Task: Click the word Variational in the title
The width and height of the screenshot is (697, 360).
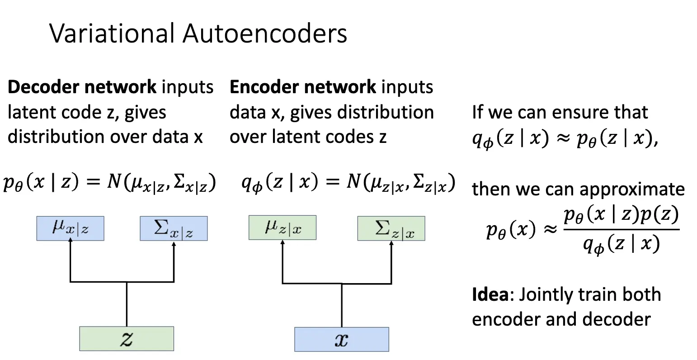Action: pos(111,33)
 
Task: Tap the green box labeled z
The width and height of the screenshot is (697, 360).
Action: pos(126,339)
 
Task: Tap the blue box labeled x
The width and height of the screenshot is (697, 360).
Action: pos(341,339)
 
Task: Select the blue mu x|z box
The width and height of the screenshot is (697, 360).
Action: pos(70,228)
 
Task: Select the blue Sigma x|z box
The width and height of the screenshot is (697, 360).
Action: pos(174,228)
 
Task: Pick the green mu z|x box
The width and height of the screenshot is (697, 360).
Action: pos(282,227)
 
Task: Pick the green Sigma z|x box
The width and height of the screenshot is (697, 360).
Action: pos(391,228)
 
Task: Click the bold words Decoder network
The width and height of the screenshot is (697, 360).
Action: pos(82,87)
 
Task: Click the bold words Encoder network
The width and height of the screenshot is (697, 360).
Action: pos(302,87)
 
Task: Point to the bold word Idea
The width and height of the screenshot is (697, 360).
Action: pos(490,295)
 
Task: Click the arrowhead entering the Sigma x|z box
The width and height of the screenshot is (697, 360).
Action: pos(174,243)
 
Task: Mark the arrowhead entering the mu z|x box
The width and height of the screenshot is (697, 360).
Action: pos(283,242)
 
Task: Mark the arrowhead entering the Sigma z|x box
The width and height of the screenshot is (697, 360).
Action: pos(391,243)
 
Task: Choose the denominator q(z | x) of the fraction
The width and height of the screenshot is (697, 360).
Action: pos(621,245)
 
